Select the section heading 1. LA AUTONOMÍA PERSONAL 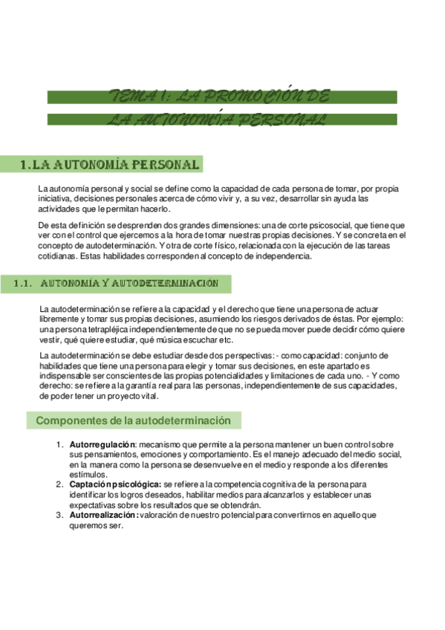click(x=110, y=164)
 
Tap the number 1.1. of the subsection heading click(x=26, y=283)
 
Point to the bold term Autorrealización click(x=103, y=514)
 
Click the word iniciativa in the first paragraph click(x=57, y=199)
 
